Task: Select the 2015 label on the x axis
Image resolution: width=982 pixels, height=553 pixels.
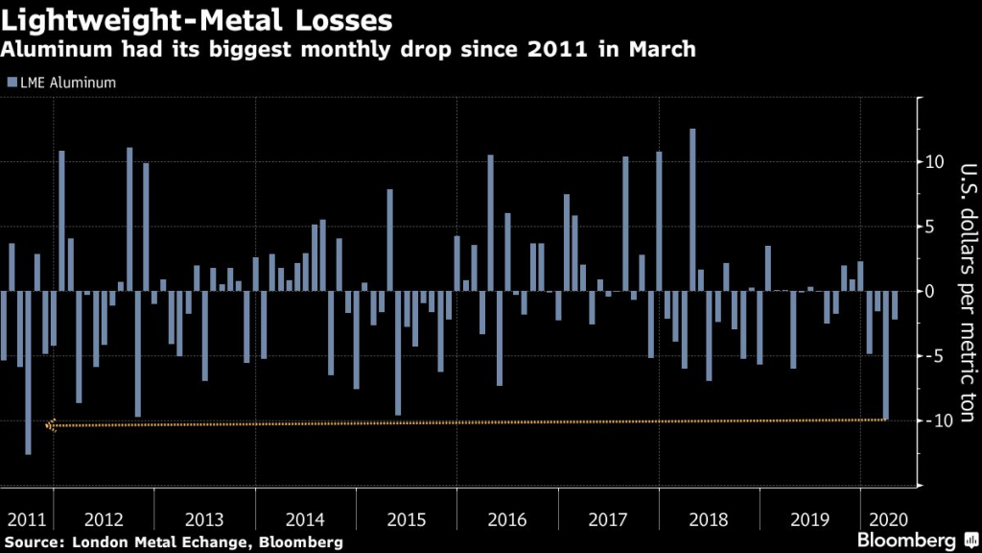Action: (x=406, y=519)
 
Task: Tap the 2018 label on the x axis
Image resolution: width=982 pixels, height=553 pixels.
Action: (x=709, y=519)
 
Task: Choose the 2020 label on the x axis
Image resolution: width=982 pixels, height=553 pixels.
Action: (x=884, y=519)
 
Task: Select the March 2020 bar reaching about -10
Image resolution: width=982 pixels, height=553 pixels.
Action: (x=886, y=355)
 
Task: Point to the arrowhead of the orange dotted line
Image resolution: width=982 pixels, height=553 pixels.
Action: (x=50, y=425)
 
